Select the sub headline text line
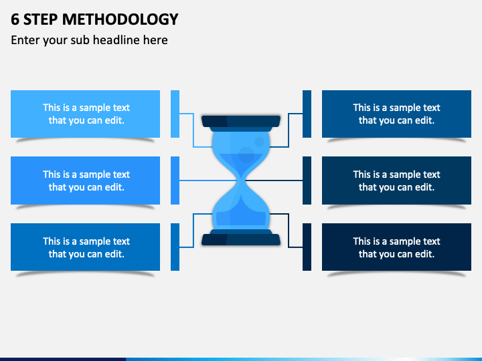coord(89,40)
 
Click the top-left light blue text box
coord(86,114)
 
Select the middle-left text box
coord(86,180)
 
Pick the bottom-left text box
coord(86,247)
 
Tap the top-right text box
coord(396,114)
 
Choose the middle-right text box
coord(396,180)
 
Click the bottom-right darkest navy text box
coord(396,247)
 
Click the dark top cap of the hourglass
coord(241,122)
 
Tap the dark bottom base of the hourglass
coord(241,239)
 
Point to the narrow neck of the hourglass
coord(241,180)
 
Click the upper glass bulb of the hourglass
coord(241,150)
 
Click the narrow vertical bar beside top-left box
coord(175,114)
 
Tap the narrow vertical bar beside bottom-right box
coord(307,247)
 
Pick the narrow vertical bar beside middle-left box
coord(175,180)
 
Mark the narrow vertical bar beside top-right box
coord(307,114)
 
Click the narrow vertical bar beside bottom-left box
coord(175,247)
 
